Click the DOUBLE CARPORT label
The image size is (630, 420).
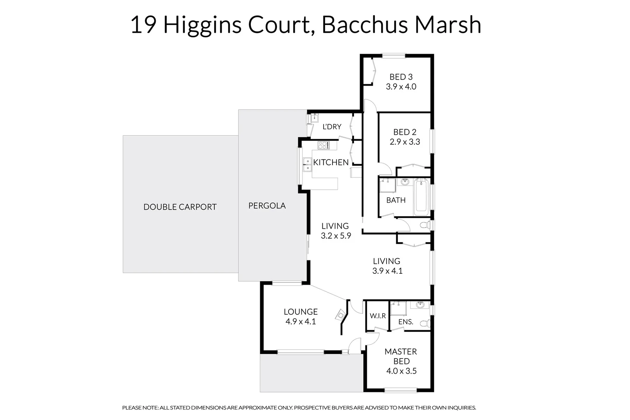point(180,207)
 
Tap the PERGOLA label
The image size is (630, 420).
point(267,206)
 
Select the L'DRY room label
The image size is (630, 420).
point(332,127)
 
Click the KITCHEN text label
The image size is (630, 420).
point(331,163)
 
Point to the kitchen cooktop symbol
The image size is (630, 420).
point(323,145)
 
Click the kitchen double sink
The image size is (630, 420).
point(307,165)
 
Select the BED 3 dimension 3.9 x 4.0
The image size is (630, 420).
point(401,87)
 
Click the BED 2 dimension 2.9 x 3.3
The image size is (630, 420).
point(405,142)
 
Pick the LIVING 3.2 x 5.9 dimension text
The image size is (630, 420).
point(336,236)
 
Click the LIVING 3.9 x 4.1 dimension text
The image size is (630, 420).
point(387,271)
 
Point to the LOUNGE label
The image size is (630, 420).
point(301,312)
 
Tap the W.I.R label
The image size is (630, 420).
point(378,316)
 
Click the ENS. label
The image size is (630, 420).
point(406,322)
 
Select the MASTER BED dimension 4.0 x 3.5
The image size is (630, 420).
point(401,371)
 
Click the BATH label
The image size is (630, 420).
point(396,200)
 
